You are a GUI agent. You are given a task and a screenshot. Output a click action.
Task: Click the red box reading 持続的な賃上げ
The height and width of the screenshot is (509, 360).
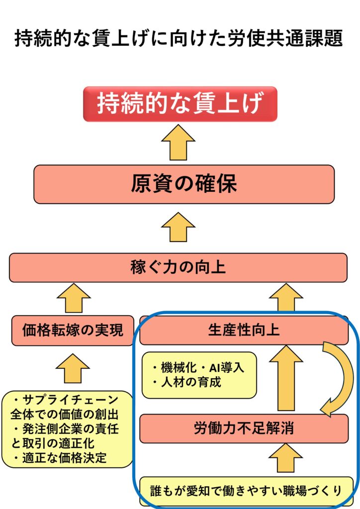(180, 104)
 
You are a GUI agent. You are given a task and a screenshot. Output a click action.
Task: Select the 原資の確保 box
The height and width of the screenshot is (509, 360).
(183, 184)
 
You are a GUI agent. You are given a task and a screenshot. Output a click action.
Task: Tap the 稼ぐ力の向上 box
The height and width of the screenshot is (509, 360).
(178, 268)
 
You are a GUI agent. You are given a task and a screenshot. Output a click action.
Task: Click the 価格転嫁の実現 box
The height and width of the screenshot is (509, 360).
(73, 330)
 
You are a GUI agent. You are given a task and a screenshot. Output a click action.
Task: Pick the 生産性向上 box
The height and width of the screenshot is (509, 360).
(244, 330)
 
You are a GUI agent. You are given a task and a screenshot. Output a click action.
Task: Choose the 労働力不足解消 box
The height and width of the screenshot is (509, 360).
(244, 428)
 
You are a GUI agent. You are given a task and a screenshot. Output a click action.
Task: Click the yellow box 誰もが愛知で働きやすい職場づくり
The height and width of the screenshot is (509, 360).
(246, 491)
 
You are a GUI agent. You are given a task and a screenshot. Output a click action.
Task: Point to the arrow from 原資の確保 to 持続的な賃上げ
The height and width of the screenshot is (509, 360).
(178, 143)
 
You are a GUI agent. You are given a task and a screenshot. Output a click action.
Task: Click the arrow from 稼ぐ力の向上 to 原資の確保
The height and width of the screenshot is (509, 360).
(178, 227)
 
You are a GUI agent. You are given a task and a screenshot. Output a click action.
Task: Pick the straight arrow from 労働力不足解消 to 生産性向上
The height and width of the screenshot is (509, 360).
(286, 378)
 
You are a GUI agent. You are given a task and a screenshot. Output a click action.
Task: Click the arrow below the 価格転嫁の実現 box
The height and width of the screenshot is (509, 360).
(73, 368)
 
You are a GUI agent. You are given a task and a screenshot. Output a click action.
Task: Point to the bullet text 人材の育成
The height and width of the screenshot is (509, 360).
(186, 383)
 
